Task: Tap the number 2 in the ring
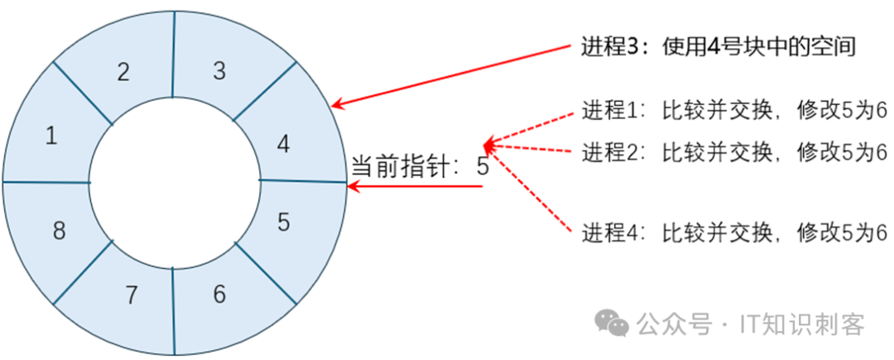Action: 123,72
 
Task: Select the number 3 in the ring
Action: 219,70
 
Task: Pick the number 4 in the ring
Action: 284,145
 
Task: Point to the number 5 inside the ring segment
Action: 284,222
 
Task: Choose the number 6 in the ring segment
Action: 219,294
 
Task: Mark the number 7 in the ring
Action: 130,295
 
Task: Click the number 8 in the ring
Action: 59,231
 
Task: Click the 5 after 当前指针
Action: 483,166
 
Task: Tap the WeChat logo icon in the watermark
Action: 614,323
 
